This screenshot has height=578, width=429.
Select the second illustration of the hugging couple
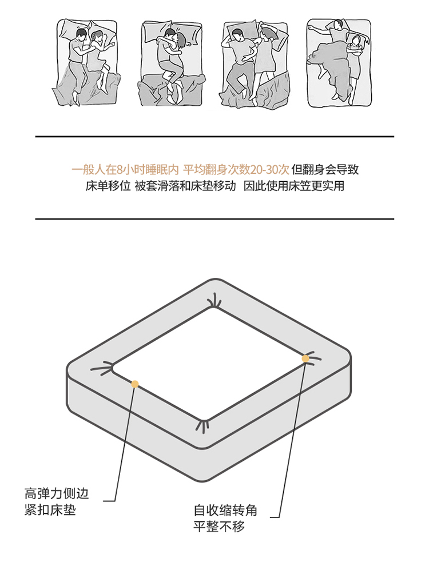(172, 63)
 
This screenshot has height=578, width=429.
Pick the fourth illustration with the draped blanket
(339, 63)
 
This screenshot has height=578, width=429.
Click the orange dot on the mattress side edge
(135, 384)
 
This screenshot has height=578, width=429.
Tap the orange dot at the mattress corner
(305, 358)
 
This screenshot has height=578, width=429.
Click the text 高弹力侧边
(57, 493)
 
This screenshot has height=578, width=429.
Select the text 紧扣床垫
(50, 510)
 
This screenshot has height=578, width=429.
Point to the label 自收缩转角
(225, 510)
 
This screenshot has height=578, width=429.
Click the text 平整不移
(219, 527)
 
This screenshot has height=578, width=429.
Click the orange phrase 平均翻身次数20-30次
(236, 170)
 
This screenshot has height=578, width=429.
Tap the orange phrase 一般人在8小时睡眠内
(125, 170)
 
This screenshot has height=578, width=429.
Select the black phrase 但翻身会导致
(325, 170)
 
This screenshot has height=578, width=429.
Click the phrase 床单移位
(108, 186)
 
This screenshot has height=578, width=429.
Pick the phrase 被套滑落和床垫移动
(185, 186)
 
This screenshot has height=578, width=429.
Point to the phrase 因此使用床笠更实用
(294, 186)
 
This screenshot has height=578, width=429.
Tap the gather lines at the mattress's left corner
(102, 369)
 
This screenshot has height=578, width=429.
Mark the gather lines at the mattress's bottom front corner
(202, 425)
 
